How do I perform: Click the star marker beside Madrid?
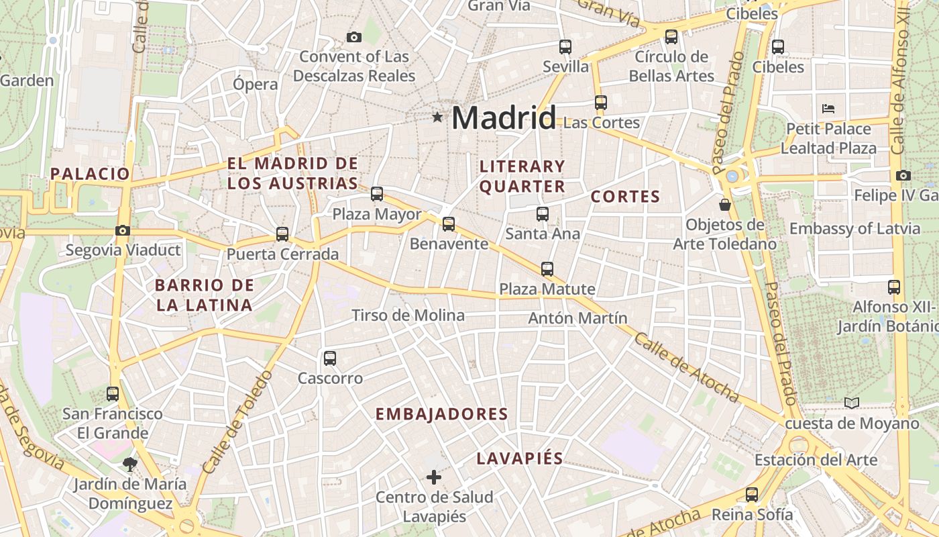(x=437, y=117)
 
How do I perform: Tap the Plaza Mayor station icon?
(x=377, y=194)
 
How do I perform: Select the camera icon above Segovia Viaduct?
(x=122, y=230)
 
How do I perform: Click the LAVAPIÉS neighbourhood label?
(x=520, y=458)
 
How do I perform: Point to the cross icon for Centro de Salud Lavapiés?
(x=434, y=477)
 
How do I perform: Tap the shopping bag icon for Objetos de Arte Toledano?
(x=724, y=204)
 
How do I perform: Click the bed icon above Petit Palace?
(x=828, y=108)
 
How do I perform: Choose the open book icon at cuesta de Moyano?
(x=852, y=403)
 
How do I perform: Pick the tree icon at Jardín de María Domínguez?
(x=129, y=463)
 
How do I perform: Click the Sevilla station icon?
(x=565, y=46)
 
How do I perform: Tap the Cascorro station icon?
(x=329, y=358)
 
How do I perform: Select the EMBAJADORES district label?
(x=442, y=414)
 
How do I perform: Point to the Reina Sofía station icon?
(x=752, y=495)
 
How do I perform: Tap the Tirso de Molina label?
(x=408, y=315)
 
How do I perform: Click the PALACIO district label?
(x=90, y=174)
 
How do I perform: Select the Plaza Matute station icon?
(x=547, y=269)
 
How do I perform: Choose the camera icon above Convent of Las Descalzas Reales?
(x=354, y=37)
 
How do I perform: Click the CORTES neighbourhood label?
(x=625, y=197)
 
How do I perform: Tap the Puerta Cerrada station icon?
(x=282, y=234)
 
